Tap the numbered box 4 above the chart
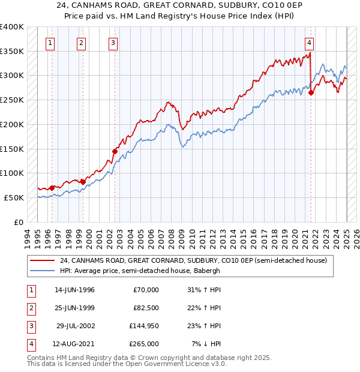point(308,43)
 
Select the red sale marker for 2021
point(311,92)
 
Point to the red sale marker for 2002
point(115,151)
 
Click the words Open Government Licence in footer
point(177,364)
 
